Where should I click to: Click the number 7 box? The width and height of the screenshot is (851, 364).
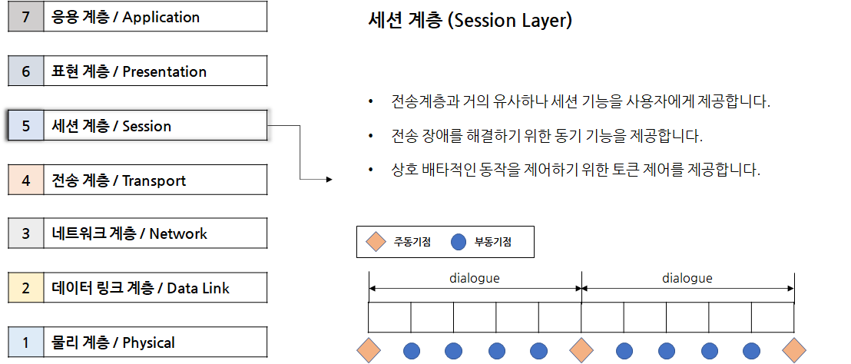click(x=25, y=17)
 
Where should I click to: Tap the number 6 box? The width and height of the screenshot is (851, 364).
click(x=25, y=71)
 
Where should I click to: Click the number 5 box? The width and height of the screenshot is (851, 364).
click(x=25, y=126)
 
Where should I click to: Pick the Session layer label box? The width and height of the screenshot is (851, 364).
click(x=155, y=126)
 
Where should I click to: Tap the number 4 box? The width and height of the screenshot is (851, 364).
click(x=25, y=180)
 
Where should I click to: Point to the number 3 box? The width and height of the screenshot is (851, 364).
click(x=25, y=233)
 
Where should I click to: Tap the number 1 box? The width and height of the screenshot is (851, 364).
click(x=25, y=342)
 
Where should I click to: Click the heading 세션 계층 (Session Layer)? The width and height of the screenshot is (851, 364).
click(x=470, y=21)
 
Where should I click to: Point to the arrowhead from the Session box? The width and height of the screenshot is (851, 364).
click(x=329, y=180)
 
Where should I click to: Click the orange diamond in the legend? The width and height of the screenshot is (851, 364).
click(x=376, y=242)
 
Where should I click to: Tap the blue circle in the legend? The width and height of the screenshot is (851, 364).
click(x=459, y=242)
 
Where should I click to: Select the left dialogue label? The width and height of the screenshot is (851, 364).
click(x=474, y=278)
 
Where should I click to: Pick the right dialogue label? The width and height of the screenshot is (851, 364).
click(x=687, y=278)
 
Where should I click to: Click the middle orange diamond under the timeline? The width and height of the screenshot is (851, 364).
click(x=581, y=350)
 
